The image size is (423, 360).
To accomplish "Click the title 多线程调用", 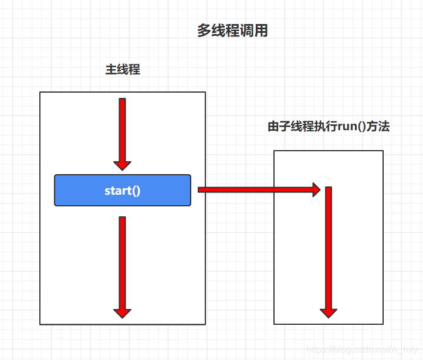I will point(232,31).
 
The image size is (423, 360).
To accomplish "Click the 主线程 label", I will point(123,70).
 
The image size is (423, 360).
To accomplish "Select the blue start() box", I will point(123,190).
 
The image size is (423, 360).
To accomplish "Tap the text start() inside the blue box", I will point(123,191).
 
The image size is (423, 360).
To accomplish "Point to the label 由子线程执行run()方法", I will point(329,127).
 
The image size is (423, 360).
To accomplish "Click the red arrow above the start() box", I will point(122,132).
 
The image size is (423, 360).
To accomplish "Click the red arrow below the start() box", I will point(122,264).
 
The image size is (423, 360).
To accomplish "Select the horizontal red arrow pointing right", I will point(258,189).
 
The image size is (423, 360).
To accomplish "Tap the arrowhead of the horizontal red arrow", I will point(316,189).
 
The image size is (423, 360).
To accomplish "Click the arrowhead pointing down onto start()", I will point(122,165).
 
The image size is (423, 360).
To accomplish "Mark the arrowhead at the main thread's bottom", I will point(122,313).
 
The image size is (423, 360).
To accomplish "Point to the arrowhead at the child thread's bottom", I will point(329,313).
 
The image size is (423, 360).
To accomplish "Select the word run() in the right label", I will point(351,127).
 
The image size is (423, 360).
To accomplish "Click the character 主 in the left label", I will point(111,70).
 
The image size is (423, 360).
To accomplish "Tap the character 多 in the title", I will point(204,31).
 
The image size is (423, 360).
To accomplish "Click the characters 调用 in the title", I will point(254,31).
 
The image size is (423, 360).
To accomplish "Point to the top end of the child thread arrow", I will point(329,189).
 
